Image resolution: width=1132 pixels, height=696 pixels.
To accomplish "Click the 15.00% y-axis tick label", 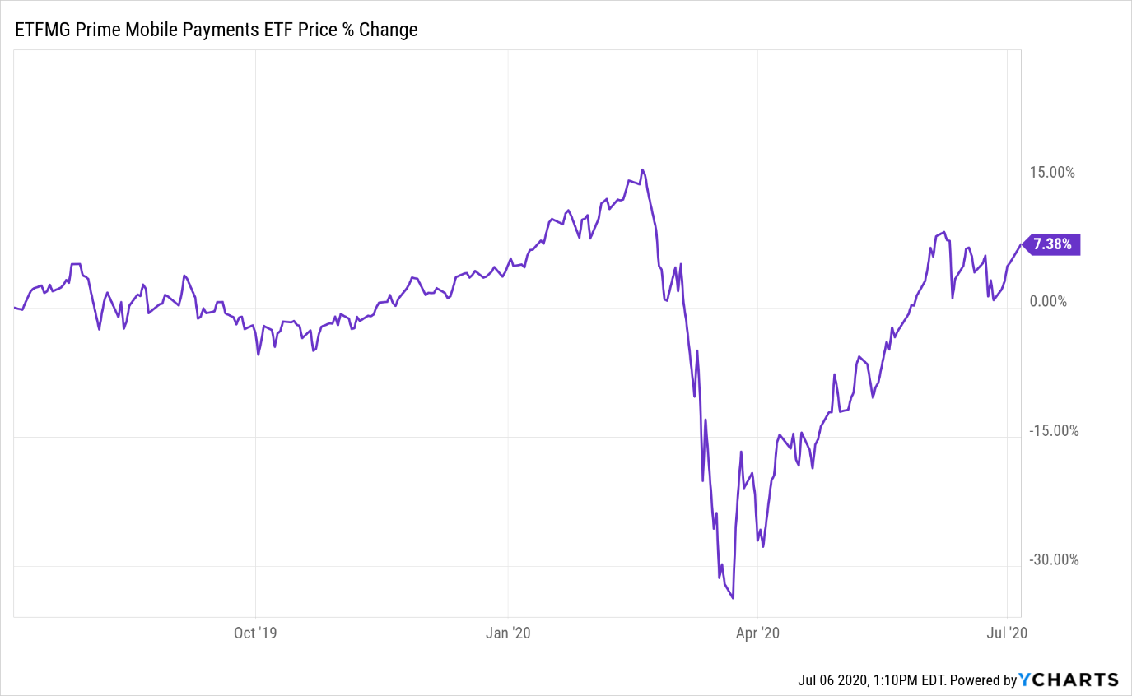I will [x=1052, y=173].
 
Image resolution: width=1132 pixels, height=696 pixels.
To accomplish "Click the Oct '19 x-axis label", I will [x=256, y=633].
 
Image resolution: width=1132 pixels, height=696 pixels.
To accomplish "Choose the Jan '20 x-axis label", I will [x=508, y=633].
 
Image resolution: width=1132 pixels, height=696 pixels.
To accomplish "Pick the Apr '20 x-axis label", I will [x=757, y=633].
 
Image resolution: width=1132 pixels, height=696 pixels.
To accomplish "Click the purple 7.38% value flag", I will [x=1051, y=244].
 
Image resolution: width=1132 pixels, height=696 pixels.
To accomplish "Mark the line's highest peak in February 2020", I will [x=642, y=169].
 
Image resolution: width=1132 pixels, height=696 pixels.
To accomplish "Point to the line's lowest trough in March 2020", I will [x=733, y=598].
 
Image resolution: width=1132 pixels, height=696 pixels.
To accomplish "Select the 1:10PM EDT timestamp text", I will [x=911, y=681].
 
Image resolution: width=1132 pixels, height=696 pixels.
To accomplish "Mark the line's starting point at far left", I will [x=15, y=308].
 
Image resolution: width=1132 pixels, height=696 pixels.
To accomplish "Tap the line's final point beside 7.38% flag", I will [x=1022, y=244].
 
